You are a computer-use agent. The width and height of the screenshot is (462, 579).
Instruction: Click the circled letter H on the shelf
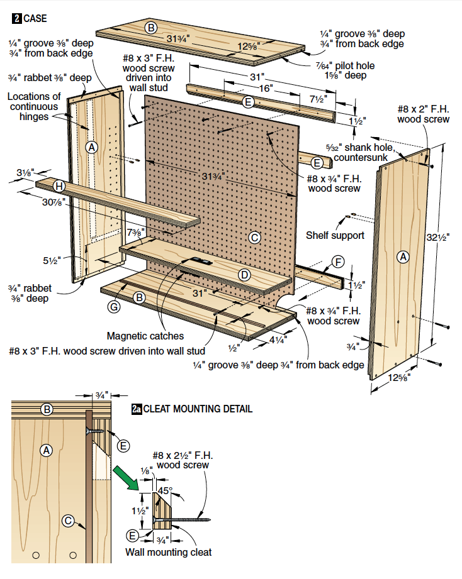(x=59, y=185)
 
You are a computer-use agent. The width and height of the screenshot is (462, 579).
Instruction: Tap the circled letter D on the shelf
(x=245, y=275)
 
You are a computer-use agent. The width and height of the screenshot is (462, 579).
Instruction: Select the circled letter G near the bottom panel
(x=114, y=307)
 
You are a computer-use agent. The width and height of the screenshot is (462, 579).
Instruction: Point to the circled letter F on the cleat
(x=339, y=261)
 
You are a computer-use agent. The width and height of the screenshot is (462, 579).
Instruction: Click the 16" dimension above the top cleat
(x=267, y=89)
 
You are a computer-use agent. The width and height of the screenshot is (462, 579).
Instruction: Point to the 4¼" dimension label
(x=277, y=339)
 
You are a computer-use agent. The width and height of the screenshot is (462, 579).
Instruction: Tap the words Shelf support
(x=335, y=235)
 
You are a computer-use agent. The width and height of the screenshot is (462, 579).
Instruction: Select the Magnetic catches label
(x=145, y=336)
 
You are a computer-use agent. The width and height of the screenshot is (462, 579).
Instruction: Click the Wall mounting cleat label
(x=168, y=553)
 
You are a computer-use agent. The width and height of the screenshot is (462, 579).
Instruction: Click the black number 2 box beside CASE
(x=16, y=18)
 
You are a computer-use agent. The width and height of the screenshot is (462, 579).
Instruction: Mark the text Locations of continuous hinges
(x=35, y=106)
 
